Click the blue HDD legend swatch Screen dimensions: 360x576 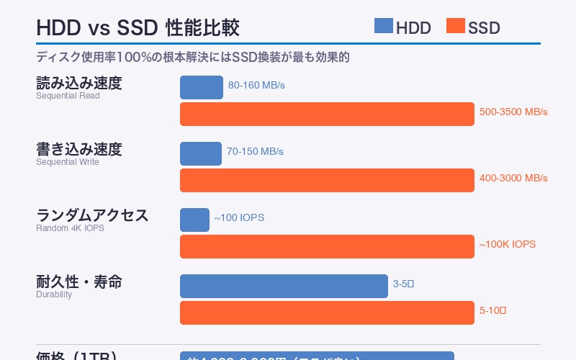(x=383, y=27)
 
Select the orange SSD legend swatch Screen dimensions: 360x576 (x=455, y=27)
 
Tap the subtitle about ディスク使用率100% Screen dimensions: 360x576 (x=193, y=57)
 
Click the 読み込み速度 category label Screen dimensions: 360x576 (x=79, y=84)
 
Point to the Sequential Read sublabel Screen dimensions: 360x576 (x=68, y=96)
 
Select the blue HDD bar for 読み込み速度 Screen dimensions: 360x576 (x=202, y=87)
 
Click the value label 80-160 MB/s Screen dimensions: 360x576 (x=256, y=85)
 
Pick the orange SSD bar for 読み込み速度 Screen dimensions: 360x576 (x=327, y=114)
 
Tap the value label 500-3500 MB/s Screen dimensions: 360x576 (x=513, y=112)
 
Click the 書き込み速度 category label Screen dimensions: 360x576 (x=79, y=150)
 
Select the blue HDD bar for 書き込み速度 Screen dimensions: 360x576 (x=201, y=153)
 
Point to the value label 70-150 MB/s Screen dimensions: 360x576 (x=255, y=152)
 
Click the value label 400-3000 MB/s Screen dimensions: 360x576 (x=513, y=178)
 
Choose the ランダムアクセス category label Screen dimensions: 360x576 (x=92, y=215)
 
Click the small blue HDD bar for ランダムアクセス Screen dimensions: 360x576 (x=194, y=220)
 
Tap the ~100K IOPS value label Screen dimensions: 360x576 (x=507, y=244)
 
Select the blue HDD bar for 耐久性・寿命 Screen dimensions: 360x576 (x=284, y=286)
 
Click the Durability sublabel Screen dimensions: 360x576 (x=54, y=294)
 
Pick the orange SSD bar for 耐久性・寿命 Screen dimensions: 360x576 (x=327, y=312)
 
